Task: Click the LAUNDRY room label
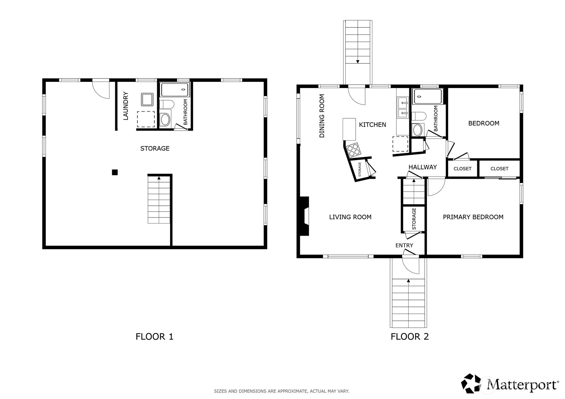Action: (x=126, y=106)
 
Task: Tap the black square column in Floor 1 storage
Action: (x=115, y=172)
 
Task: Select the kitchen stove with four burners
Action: (x=353, y=150)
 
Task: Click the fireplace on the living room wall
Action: (x=304, y=216)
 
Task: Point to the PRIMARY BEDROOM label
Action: (x=473, y=217)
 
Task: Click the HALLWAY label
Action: (x=422, y=167)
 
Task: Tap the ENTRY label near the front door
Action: (x=404, y=245)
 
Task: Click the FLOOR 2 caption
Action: (x=410, y=337)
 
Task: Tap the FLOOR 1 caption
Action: (x=154, y=337)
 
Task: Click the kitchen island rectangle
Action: (x=349, y=129)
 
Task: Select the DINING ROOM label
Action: (x=322, y=116)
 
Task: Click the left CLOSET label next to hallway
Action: (x=462, y=169)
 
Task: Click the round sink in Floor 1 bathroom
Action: (x=165, y=120)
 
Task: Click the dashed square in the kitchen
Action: (x=400, y=144)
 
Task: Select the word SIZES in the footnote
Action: (x=220, y=391)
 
